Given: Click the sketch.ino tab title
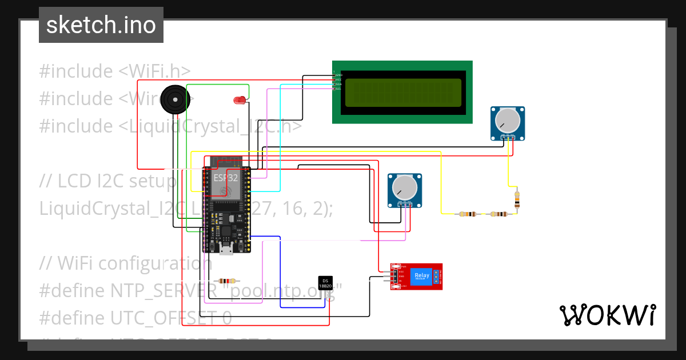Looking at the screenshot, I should click(x=101, y=25).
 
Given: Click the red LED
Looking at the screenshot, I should click(x=240, y=101).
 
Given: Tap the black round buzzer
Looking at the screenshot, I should click(x=174, y=99).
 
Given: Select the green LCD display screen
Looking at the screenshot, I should click(x=402, y=93).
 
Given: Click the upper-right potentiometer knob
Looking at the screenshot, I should click(x=508, y=120).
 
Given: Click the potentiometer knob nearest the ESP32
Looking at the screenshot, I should click(x=405, y=187).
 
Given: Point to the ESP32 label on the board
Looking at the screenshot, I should click(x=226, y=178).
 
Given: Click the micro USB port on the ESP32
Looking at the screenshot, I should click(x=226, y=248).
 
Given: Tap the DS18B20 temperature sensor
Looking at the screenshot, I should click(x=325, y=282).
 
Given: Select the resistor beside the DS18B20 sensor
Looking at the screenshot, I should click(x=227, y=281).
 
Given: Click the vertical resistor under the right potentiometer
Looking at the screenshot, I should click(x=517, y=199).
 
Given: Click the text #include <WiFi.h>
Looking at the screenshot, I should click(x=115, y=71).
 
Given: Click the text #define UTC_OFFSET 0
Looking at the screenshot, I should click(x=135, y=318).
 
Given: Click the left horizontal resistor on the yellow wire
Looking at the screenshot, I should click(x=468, y=214).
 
